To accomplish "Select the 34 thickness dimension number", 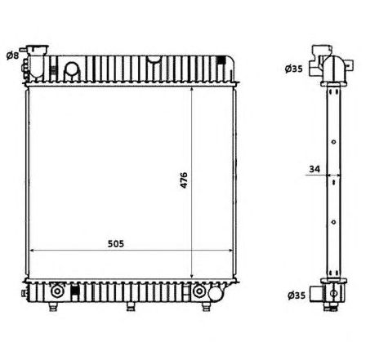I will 314,169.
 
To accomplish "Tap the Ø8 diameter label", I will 12,55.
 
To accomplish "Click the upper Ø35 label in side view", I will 293,69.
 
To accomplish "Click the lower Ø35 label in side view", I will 293,296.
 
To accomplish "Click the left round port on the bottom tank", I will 57,291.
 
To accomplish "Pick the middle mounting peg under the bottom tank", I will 129,307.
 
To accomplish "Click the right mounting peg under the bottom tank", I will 205,307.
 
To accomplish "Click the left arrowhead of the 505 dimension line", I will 33,251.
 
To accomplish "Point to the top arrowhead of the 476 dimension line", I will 192,87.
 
